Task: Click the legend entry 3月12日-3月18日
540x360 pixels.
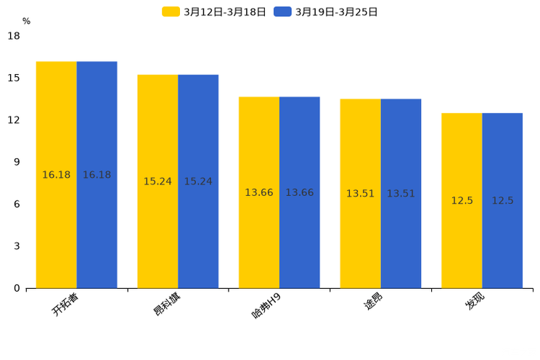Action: (214, 12)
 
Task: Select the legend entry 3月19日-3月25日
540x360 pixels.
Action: (326, 12)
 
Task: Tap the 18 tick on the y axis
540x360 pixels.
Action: (14, 36)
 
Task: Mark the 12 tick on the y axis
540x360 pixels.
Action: (14, 120)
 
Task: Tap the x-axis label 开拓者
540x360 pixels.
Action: (65, 304)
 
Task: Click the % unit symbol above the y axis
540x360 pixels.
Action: (26, 21)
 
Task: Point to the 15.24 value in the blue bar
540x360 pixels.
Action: (198, 181)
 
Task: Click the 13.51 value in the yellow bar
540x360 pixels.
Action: (360, 194)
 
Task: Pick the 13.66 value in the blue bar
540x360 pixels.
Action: (299, 192)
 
